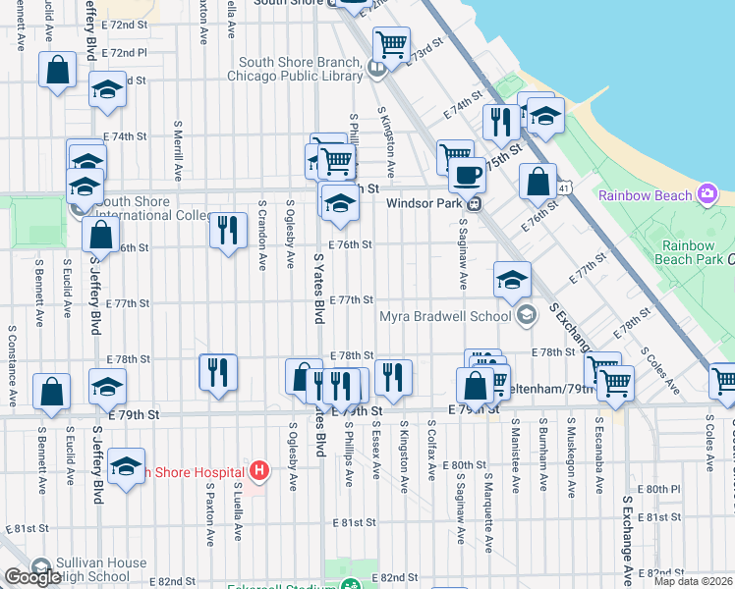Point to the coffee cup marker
pyautogui.click(x=467, y=176)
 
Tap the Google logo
pyautogui.click(x=31, y=577)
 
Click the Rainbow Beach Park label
pyautogui.click(x=689, y=252)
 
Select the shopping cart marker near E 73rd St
pyautogui.click(x=391, y=44)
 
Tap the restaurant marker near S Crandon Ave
pyautogui.click(x=228, y=232)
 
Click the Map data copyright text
pyautogui.click(x=694, y=580)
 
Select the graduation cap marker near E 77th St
pyautogui.click(x=512, y=281)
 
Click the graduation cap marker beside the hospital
pyautogui.click(x=127, y=467)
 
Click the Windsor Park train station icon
pyautogui.click(x=474, y=204)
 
